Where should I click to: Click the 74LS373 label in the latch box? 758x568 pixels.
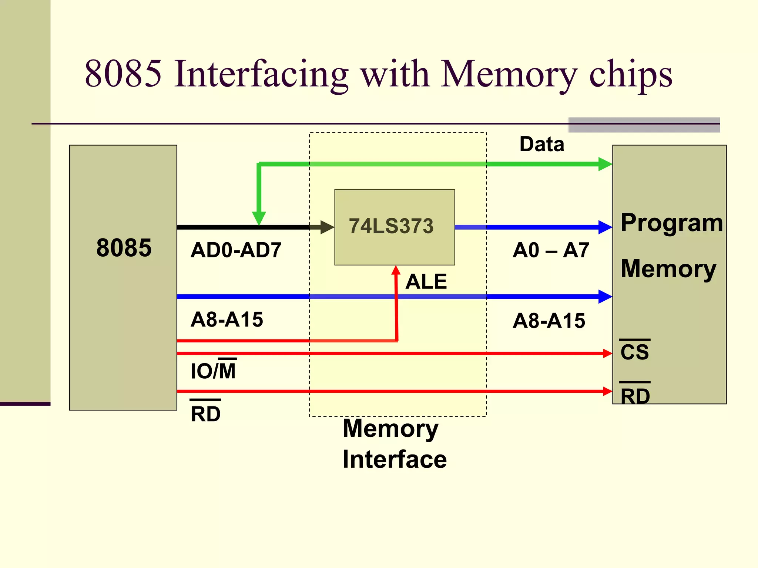tap(391, 226)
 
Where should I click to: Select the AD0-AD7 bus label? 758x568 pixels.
tap(236, 250)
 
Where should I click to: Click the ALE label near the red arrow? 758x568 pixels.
tap(426, 281)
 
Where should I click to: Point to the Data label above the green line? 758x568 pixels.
tap(541, 144)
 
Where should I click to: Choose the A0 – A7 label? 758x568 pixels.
tap(550, 250)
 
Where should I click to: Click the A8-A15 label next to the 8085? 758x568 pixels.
tap(227, 319)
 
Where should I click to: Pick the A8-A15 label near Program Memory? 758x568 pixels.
tap(549, 321)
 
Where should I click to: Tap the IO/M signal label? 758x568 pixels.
tap(213, 371)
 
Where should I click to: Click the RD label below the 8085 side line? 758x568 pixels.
tap(206, 413)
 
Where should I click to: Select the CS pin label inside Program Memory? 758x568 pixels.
tap(634, 351)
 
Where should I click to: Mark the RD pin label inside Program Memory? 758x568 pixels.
tap(635, 396)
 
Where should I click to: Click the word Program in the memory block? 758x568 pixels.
tap(671, 223)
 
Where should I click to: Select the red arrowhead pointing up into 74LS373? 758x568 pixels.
tap(396, 270)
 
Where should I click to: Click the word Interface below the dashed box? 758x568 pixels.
tap(395, 459)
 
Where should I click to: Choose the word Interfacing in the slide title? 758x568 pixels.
tap(261, 74)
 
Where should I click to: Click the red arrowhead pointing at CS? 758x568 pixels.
tap(607, 354)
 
